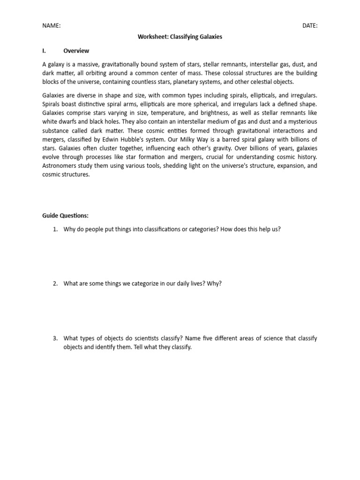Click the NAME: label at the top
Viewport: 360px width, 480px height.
[x=51, y=26]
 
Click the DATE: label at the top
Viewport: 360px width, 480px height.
[x=309, y=26]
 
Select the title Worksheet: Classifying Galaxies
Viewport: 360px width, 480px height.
[x=180, y=37]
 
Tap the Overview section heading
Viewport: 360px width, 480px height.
[x=76, y=51]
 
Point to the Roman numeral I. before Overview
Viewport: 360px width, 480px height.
[x=45, y=51]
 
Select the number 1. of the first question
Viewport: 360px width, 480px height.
[x=55, y=229]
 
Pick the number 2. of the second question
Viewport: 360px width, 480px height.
[x=55, y=284]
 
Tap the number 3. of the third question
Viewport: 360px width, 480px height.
[x=55, y=338]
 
